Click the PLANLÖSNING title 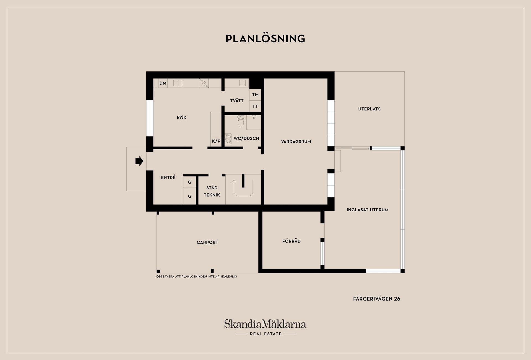(x=265, y=38)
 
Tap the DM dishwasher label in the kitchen (x=163, y=83)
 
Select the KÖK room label (x=182, y=118)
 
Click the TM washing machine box (x=255, y=95)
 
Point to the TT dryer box (x=255, y=106)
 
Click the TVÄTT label (x=237, y=101)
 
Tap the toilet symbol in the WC (x=241, y=121)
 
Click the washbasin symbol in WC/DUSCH (x=228, y=139)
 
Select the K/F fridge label (x=216, y=141)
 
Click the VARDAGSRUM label (x=296, y=142)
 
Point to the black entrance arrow (x=139, y=161)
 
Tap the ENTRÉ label (x=168, y=178)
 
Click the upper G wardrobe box (x=190, y=182)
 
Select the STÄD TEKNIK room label (x=212, y=191)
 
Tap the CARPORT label (x=207, y=242)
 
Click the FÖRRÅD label (x=291, y=241)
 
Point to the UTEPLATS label (x=369, y=109)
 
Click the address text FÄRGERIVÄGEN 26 (x=377, y=299)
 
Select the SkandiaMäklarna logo (x=265, y=327)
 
